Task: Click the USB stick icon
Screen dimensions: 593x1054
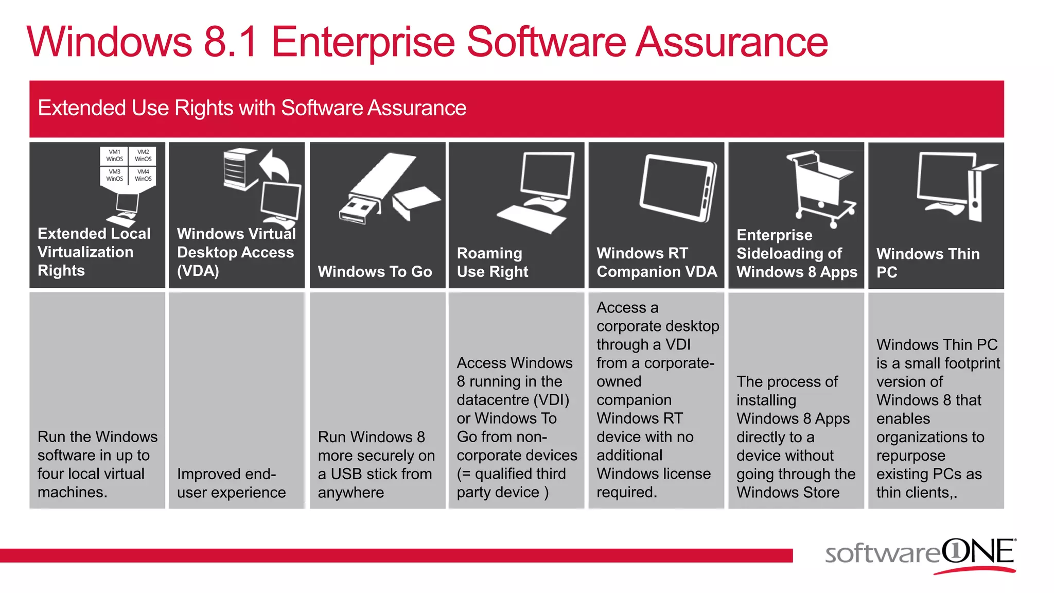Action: (x=378, y=188)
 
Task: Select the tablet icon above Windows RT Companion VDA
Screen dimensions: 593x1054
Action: (x=678, y=188)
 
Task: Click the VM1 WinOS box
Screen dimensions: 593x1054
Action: (x=114, y=155)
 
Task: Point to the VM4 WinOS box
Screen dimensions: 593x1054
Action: (x=143, y=175)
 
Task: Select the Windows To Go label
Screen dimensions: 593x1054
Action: (x=375, y=271)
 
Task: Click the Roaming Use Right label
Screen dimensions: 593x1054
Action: (x=492, y=262)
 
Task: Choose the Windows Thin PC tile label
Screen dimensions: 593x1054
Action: (x=927, y=263)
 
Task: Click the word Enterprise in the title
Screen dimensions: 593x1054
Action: (x=363, y=42)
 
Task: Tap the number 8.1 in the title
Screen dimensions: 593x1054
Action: (x=231, y=42)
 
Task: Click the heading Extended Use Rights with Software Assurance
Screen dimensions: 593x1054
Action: (x=252, y=108)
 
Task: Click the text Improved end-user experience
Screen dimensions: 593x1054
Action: (x=231, y=483)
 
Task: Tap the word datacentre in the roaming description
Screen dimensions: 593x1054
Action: (x=493, y=400)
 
